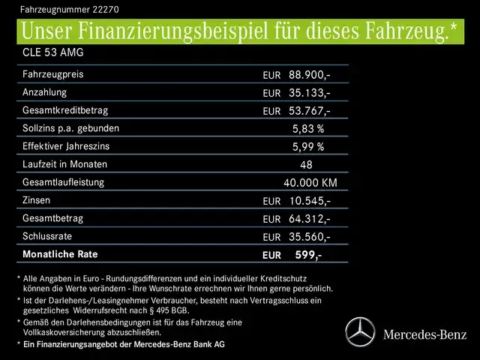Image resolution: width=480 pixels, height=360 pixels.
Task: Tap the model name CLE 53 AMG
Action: pos(52,54)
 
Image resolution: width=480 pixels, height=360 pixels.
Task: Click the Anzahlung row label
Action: pos(44,92)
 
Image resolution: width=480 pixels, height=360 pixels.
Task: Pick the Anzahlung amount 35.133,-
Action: pos(307,93)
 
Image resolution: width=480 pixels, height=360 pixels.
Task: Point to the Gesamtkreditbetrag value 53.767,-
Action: pos(307,111)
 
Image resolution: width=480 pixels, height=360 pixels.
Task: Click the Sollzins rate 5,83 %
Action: pos(307,129)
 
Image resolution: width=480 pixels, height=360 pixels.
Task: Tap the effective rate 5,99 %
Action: pos(307,147)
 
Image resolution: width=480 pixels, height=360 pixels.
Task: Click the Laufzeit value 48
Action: pos(305,165)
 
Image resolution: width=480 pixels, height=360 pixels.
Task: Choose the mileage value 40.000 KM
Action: pos(310,183)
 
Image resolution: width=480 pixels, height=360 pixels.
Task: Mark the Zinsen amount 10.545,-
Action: pos(307,201)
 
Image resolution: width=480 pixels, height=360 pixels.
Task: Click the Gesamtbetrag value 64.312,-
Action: pos(307,219)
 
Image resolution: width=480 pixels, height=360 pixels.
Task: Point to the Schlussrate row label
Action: pos(47,236)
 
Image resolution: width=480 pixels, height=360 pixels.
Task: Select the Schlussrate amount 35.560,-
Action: pos(307,237)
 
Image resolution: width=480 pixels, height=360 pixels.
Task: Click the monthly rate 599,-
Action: pos(308,255)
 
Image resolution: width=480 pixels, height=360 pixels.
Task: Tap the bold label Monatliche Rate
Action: pos(59,254)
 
